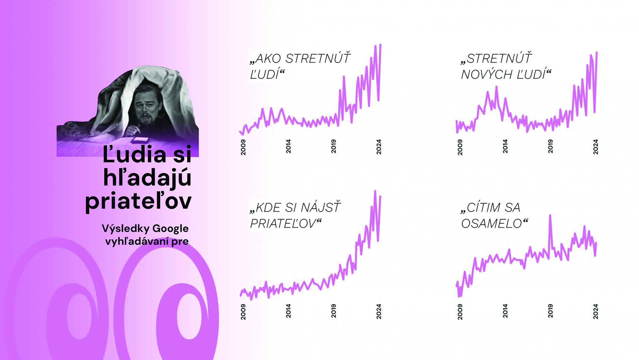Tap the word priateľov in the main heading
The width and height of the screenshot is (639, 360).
138,201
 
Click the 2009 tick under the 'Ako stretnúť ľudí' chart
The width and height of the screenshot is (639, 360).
243,147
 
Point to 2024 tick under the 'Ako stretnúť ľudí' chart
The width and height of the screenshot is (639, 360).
379,147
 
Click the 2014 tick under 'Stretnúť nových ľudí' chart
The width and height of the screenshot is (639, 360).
505,147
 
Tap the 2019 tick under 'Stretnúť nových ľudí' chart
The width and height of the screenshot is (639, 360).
550,147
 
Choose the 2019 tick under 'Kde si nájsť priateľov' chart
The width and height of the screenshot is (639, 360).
333,311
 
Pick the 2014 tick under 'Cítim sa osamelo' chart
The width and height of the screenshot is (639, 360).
505,311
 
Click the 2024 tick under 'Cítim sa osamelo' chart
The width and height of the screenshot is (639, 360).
596,311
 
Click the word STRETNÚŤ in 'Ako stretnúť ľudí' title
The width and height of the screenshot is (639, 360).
318,58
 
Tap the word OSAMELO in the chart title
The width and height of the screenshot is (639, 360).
492,224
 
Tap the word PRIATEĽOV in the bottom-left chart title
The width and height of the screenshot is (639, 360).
283,224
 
